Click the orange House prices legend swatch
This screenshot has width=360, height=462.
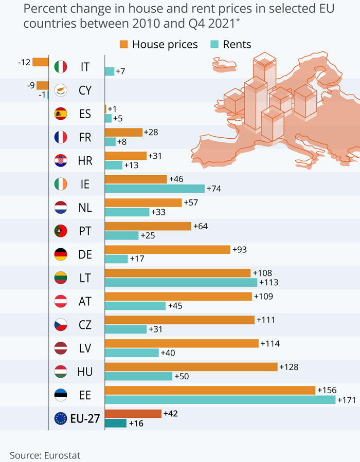tap(123, 44)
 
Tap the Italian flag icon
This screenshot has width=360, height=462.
tap(61, 66)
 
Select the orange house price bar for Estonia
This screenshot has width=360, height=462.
tap(210, 390)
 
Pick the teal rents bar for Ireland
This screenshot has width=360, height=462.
tap(155, 189)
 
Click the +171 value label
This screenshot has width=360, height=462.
tap(346, 400)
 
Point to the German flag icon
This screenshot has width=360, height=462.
tap(61, 254)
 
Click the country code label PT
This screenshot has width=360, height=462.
tap(85, 231)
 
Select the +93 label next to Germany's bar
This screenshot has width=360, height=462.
tap(240, 249)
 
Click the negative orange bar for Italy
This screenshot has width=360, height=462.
tap(40, 62)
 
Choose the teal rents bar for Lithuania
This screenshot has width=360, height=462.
tap(181, 282)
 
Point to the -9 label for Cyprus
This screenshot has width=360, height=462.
tap(31, 85)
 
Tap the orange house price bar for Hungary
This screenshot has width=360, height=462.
tap(191, 367)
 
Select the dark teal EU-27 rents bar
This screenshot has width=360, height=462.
tap(116, 423)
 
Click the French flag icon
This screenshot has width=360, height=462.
tap(61, 137)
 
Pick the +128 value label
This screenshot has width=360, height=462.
tap(289, 367)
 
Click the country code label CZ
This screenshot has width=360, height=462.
tap(85, 325)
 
